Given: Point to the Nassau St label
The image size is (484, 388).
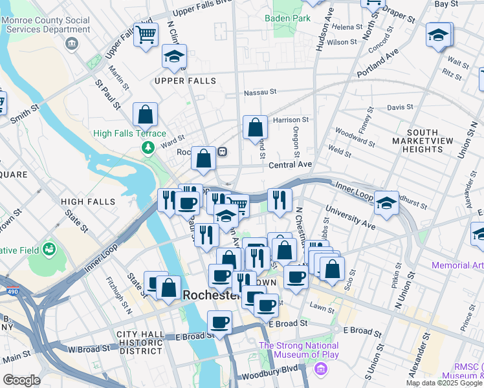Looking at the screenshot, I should [260, 93].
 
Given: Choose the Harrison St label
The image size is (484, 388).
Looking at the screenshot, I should [291, 120].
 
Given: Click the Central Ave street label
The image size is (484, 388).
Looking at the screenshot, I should [290, 165].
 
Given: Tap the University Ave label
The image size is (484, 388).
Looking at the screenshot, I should [350, 219].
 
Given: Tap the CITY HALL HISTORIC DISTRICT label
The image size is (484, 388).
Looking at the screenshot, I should [139, 342].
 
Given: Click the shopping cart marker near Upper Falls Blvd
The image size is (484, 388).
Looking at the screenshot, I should [146, 34].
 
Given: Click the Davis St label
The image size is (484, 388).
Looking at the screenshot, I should [400, 107].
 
